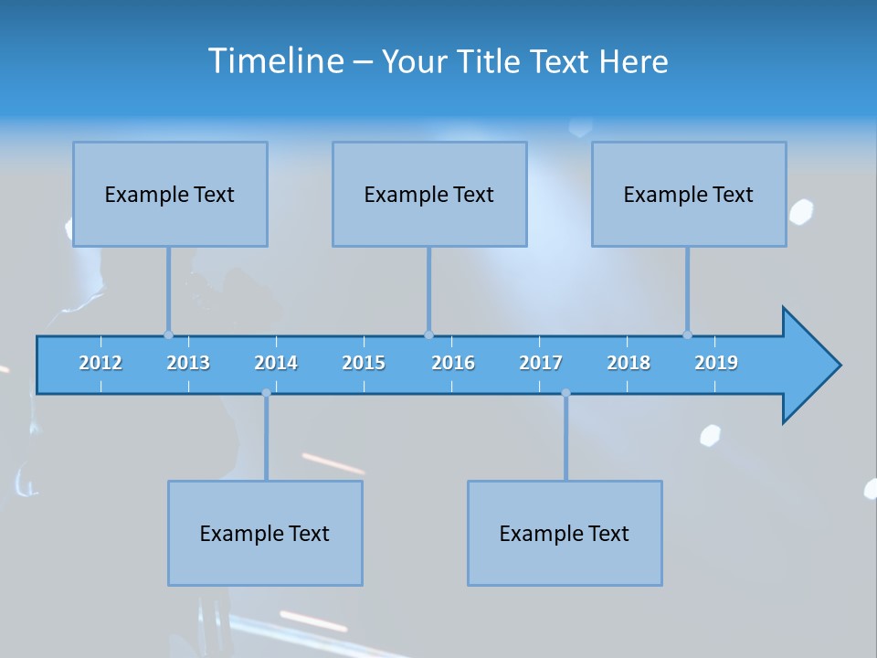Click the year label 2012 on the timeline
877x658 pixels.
point(100,363)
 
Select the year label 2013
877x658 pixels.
point(188,363)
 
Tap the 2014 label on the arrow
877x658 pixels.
point(276,363)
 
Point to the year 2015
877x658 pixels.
point(364,363)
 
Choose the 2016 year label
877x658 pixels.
point(453,363)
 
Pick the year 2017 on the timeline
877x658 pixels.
point(541,363)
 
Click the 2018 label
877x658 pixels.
point(629,363)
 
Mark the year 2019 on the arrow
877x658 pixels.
point(716,363)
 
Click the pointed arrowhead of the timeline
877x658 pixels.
point(813,366)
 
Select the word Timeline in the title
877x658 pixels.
point(275,61)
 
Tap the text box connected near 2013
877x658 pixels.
point(170,195)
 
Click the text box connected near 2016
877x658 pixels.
point(429,195)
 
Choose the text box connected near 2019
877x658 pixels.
point(689,195)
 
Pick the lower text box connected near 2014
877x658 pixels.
point(265,533)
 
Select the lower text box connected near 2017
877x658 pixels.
point(565,533)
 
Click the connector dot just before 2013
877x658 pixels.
point(168,335)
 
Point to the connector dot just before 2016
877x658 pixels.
point(428,335)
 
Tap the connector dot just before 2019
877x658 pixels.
point(687,335)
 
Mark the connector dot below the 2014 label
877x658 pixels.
point(266,393)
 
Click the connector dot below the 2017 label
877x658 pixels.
point(565,393)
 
